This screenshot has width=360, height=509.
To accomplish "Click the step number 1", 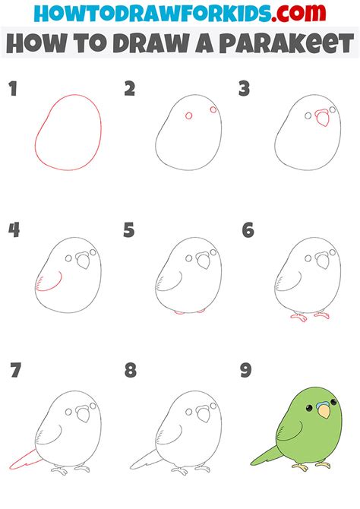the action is (13, 89).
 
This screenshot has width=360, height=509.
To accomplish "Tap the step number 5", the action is (129, 230).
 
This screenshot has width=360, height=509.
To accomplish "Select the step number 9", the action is (246, 370).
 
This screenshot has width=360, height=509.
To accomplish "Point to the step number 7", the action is (16, 370).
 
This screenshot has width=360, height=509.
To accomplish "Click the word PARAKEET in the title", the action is (286, 43).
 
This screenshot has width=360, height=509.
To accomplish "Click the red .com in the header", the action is (298, 13).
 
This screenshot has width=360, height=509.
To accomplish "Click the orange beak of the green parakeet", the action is (324, 412).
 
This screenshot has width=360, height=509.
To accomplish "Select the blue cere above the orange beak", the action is (323, 404).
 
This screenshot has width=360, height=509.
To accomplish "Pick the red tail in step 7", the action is (24, 460).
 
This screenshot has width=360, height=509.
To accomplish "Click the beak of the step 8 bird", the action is (204, 414).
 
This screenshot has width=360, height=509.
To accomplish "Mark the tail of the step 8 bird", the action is (145, 460).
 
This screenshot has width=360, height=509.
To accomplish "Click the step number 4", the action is (14, 230).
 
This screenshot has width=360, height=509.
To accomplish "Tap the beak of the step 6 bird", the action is (323, 260).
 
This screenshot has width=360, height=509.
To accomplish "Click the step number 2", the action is (130, 89).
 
